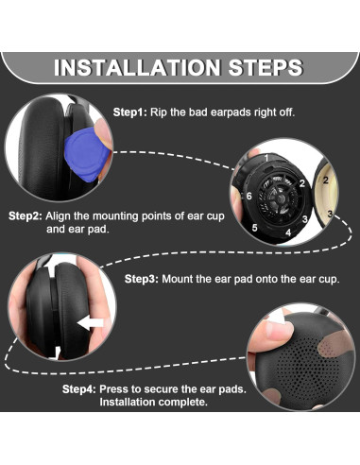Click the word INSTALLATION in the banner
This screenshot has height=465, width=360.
(x=136, y=67)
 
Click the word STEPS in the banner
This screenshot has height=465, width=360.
(x=266, y=67)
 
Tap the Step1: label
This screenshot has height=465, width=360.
(x=129, y=112)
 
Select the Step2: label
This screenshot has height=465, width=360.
(x=26, y=216)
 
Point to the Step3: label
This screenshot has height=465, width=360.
(x=142, y=279)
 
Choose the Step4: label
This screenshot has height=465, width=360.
(x=79, y=389)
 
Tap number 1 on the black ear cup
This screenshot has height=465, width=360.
(x=266, y=158)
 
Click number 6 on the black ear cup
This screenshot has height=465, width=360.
(x=249, y=196)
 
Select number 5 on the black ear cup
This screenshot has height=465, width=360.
(x=254, y=227)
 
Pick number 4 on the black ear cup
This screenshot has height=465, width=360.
(x=288, y=232)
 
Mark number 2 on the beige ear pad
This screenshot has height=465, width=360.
(x=326, y=181)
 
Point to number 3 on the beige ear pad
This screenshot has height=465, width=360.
(x=330, y=214)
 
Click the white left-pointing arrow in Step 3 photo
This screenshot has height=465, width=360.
(x=91, y=323)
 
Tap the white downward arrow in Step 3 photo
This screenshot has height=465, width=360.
(x=56, y=353)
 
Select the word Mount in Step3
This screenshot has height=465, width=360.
(x=177, y=279)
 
